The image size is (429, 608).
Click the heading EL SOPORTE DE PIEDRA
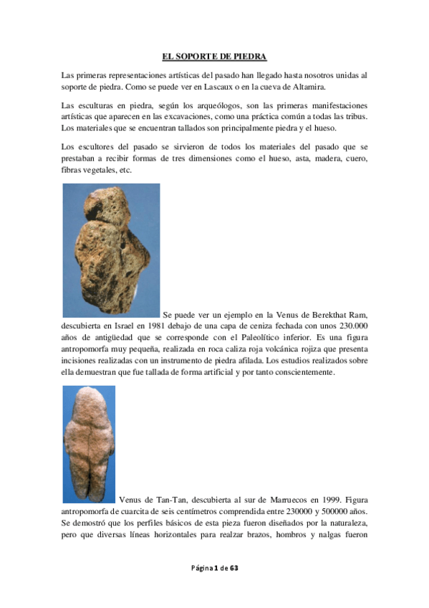[x=214, y=56]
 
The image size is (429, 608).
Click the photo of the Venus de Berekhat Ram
[x=111, y=250]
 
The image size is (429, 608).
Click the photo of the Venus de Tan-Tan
[x=89, y=444]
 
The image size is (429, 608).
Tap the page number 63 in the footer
[x=233, y=568]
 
